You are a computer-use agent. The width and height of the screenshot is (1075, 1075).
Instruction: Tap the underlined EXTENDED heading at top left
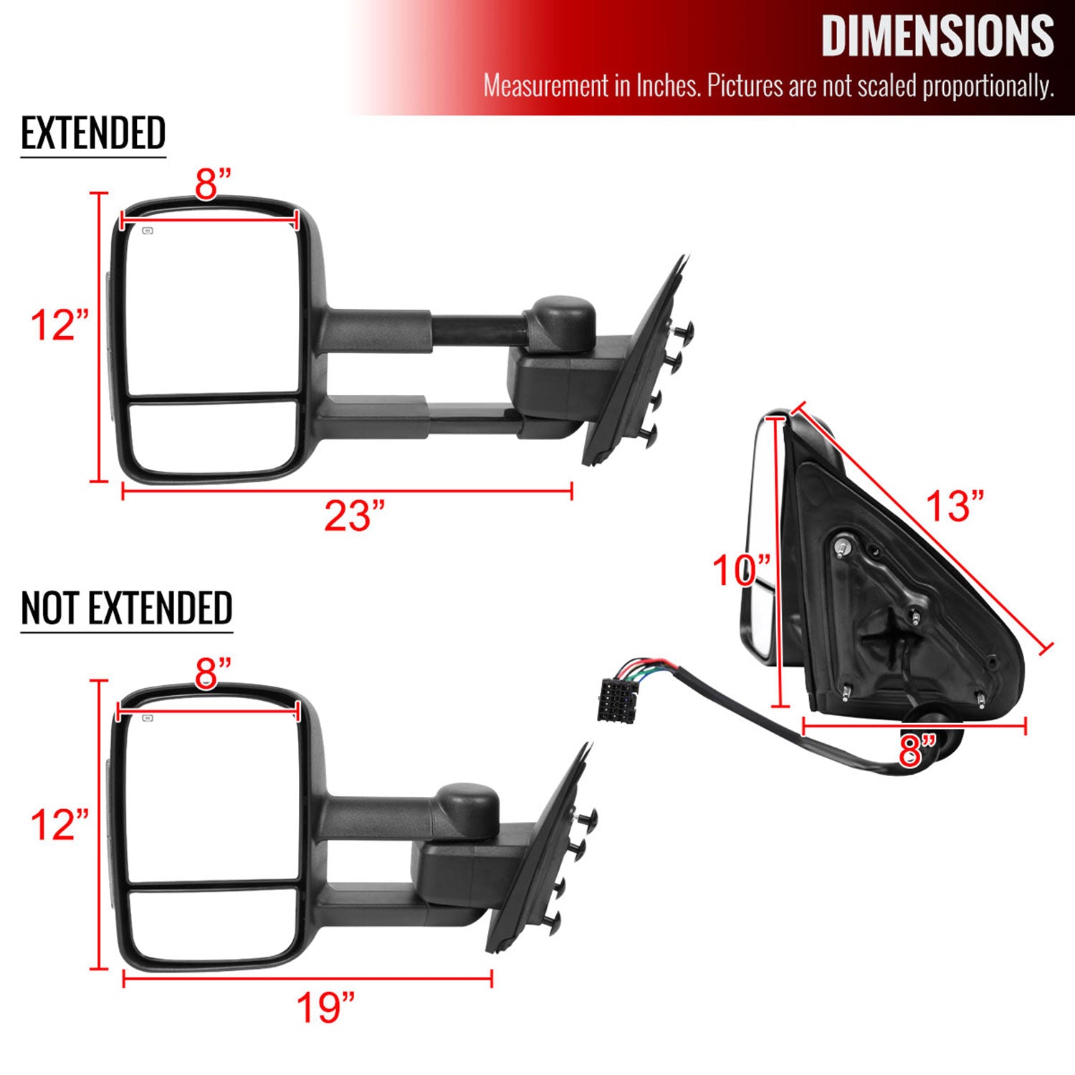pyautogui.click(x=93, y=133)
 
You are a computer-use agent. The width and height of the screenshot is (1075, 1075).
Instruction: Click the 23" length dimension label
pyautogui.click(x=354, y=516)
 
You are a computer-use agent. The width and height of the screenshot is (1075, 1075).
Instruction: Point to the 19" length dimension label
pyautogui.click(x=325, y=1008)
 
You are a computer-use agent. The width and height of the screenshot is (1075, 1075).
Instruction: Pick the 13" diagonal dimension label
pyautogui.click(x=955, y=506)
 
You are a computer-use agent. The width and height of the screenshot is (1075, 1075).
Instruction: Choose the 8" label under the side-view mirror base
pyautogui.click(x=917, y=750)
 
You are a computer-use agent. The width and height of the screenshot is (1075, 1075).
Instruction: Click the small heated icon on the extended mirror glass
pyautogui.click(x=148, y=231)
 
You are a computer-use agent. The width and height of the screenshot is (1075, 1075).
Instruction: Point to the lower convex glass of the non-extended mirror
pyautogui.click(x=213, y=925)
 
